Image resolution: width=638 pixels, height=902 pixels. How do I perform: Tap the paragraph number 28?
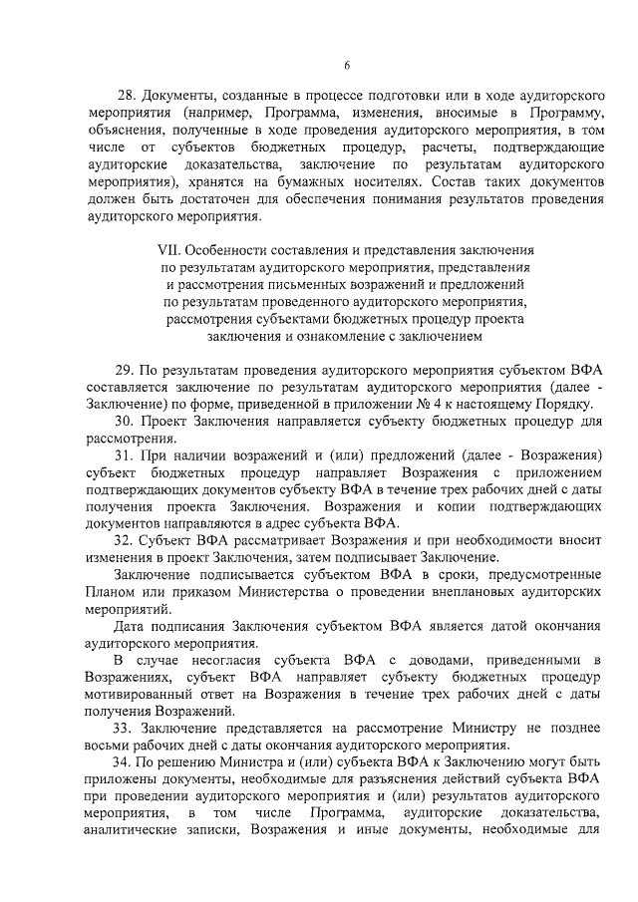point(127,97)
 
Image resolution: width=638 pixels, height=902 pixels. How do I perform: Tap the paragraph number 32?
point(127,541)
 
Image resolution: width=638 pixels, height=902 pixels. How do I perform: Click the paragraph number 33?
point(127,729)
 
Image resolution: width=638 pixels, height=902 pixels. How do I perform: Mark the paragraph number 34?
point(127,763)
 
